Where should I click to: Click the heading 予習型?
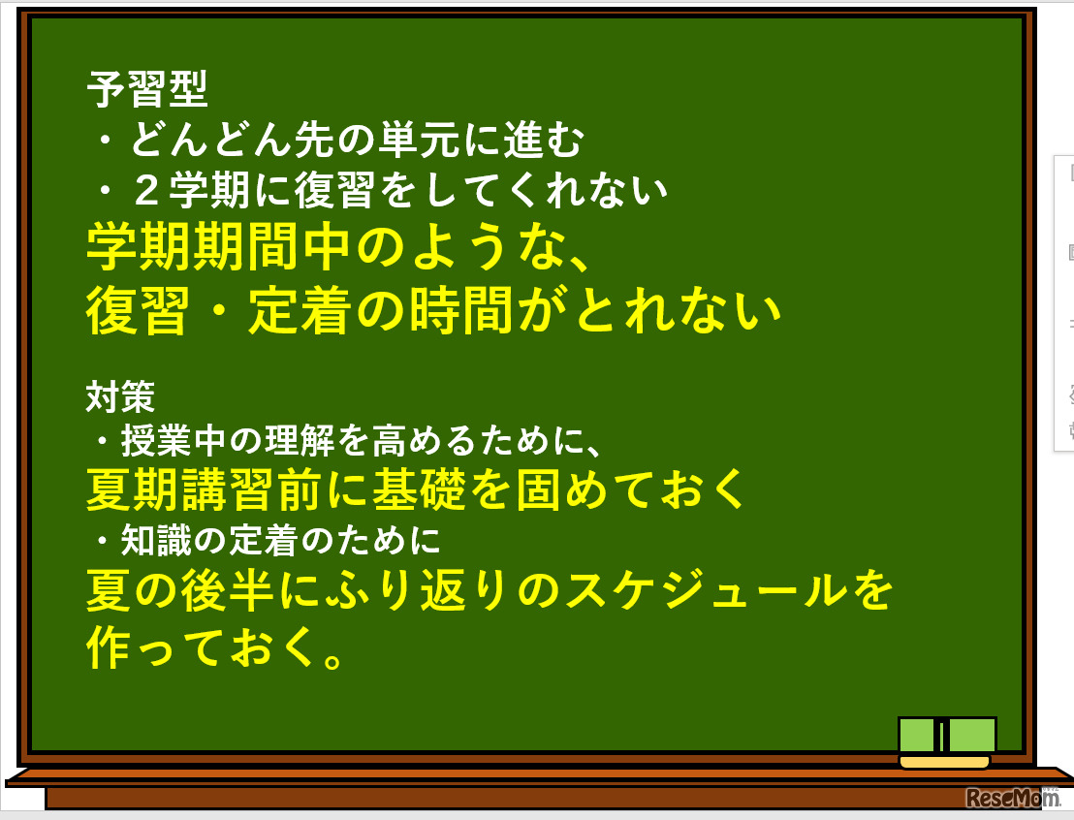147,91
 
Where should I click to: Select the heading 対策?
120,395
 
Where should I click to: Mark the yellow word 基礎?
411,489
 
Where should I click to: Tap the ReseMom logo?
1012,798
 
